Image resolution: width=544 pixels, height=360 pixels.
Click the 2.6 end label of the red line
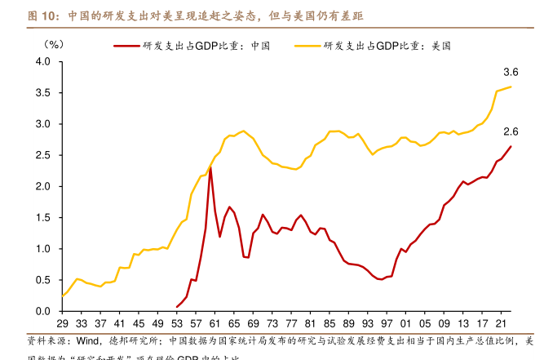click(x=511, y=132)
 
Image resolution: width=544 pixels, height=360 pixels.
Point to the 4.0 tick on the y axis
click(x=43, y=62)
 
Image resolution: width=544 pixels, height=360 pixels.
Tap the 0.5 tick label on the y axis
click(x=43, y=280)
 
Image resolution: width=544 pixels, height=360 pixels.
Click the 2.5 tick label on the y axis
click(x=43, y=155)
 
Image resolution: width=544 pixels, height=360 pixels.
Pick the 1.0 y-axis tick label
click(x=43, y=249)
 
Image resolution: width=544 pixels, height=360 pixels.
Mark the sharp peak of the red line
click(x=210, y=168)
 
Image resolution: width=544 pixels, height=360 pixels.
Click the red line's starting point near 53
click(x=176, y=307)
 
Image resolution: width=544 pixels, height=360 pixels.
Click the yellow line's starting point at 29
click(x=62, y=296)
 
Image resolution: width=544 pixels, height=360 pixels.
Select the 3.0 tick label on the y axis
click(x=43, y=124)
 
